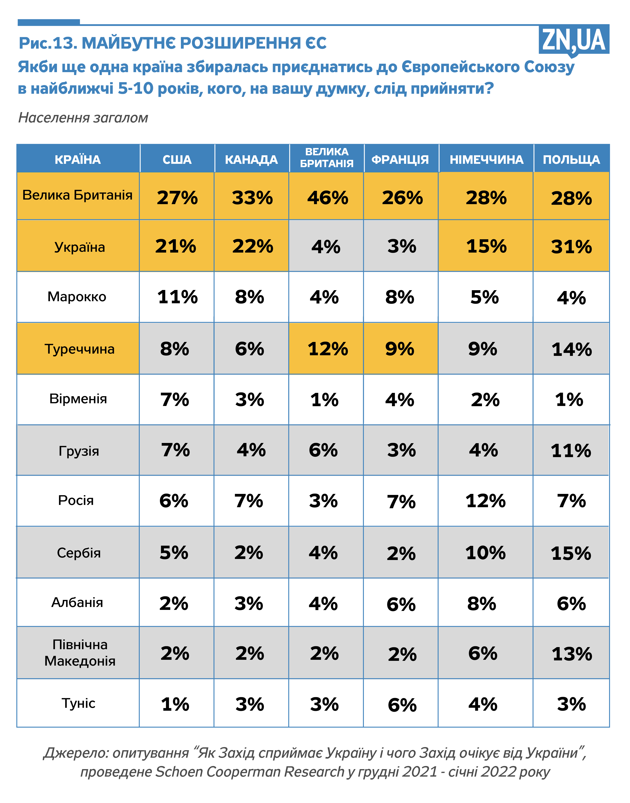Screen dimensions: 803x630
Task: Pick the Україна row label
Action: pos(79,247)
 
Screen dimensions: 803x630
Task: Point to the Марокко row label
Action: pos(77,297)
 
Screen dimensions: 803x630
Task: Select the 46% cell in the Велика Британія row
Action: pos(327,198)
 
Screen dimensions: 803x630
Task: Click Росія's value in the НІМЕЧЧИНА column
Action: pos(485,501)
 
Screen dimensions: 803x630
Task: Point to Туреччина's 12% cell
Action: pos(327,349)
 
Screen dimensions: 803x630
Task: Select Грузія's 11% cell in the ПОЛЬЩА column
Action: pos(571,450)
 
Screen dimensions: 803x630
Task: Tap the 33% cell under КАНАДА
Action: pos(252,198)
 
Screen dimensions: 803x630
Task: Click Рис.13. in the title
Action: pos(48,43)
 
